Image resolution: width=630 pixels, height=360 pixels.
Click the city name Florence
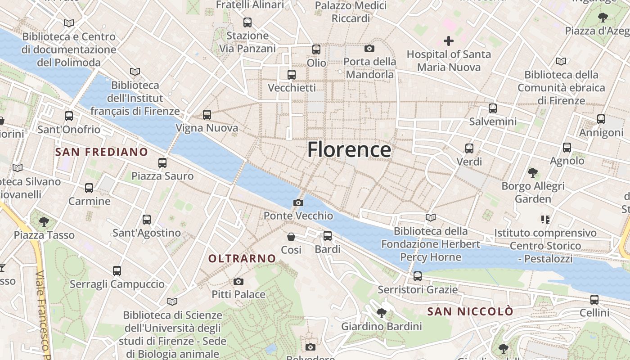pyautogui.click(x=349, y=150)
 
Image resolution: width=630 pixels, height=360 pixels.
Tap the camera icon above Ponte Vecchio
pyautogui.click(x=298, y=203)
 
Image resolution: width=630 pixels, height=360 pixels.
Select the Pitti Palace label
pyautogui.click(x=238, y=294)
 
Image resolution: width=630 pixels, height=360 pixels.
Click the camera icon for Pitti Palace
pyautogui.click(x=238, y=282)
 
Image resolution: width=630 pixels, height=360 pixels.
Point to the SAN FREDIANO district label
pyautogui.click(x=101, y=152)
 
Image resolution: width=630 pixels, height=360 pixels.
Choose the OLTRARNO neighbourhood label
pyautogui.click(x=242, y=258)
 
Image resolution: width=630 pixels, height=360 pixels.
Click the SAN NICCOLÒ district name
pyautogui.click(x=470, y=311)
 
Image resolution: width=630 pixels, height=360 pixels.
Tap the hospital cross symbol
pyautogui.click(x=449, y=41)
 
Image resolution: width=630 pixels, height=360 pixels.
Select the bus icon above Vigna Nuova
pyautogui.click(x=207, y=115)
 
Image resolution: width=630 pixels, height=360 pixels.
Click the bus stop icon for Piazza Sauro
pyautogui.click(x=162, y=163)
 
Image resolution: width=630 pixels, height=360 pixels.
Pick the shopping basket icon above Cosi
pyautogui.click(x=291, y=236)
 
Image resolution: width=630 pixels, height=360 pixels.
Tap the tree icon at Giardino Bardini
pyautogui.click(x=382, y=313)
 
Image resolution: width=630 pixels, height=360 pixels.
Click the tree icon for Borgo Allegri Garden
pyautogui.click(x=533, y=173)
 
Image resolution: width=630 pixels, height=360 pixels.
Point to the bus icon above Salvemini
pyautogui.click(x=493, y=108)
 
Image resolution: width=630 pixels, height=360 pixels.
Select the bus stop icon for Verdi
pyautogui.click(x=469, y=148)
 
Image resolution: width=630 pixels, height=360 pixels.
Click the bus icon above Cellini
pyautogui.click(x=594, y=300)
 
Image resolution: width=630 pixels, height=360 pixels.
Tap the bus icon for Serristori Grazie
pyautogui.click(x=418, y=276)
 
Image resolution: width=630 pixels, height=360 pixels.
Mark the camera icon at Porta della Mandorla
pyautogui.click(x=369, y=49)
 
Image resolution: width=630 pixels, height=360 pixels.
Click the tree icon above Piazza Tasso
pyautogui.click(x=44, y=221)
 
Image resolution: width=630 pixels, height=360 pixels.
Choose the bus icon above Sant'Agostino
pyautogui.click(x=147, y=220)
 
